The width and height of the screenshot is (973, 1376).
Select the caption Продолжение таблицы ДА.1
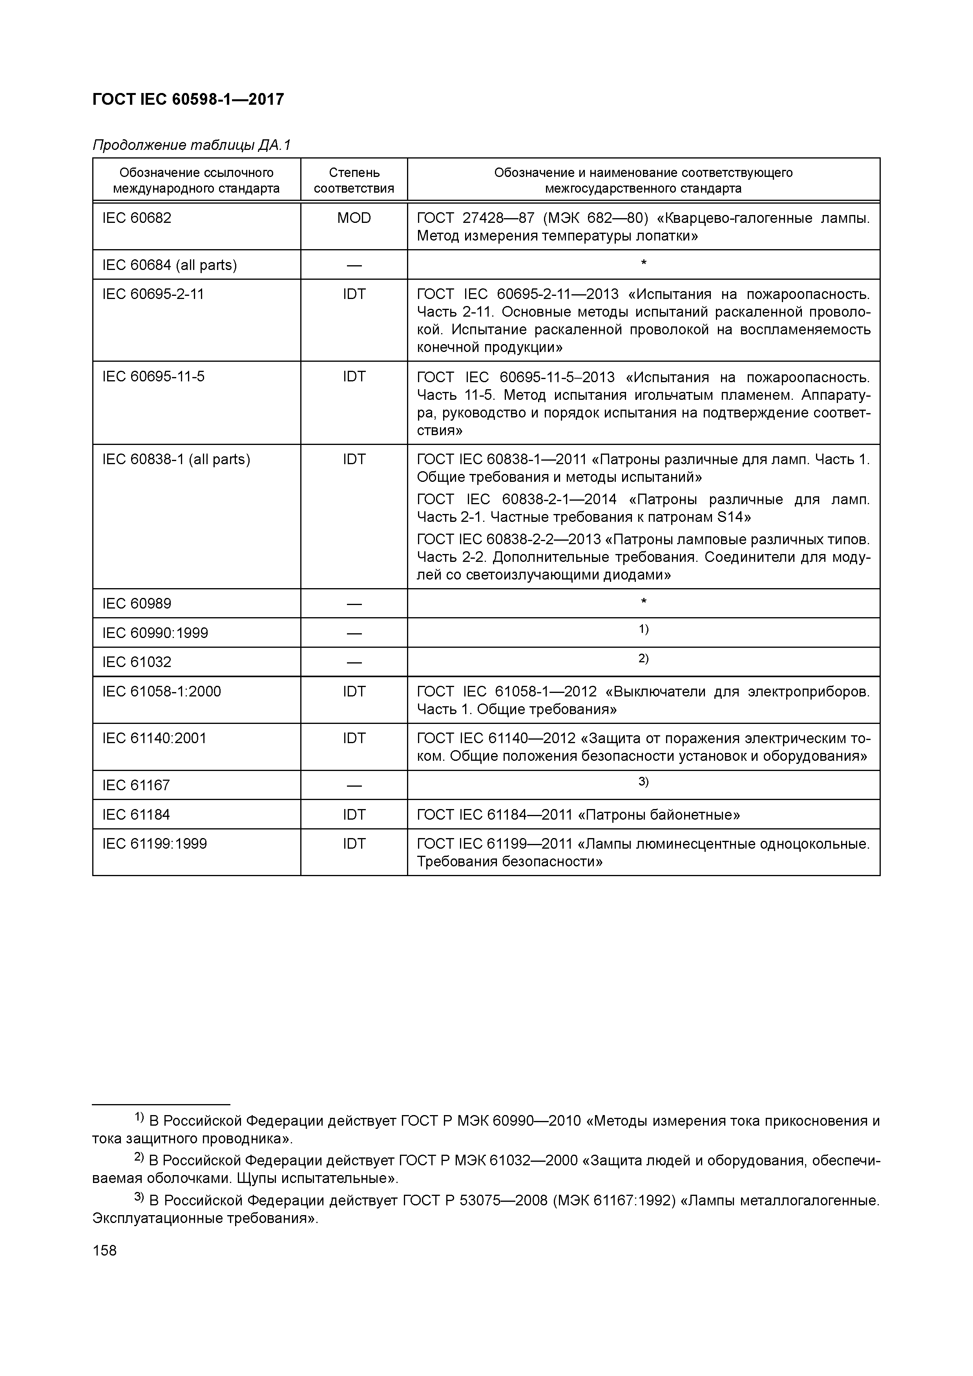(191, 145)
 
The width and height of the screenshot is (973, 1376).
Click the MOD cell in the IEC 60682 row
(354, 218)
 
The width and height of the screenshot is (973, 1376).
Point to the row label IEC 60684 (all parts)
(170, 265)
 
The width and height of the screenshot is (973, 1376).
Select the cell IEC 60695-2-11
(153, 294)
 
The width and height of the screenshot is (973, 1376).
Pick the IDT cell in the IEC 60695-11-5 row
(354, 376)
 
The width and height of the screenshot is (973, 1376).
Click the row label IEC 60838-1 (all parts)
(176, 459)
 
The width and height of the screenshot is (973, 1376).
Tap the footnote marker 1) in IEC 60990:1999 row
(643, 629)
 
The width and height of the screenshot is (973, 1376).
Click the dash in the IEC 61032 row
(354, 663)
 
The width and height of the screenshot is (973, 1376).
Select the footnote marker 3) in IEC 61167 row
(643, 782)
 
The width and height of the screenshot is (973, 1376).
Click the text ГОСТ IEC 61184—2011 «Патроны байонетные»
(578, 815)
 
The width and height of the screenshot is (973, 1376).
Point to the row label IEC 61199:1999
(155, 844)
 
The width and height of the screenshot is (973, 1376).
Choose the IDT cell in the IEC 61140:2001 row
(354, 738)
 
